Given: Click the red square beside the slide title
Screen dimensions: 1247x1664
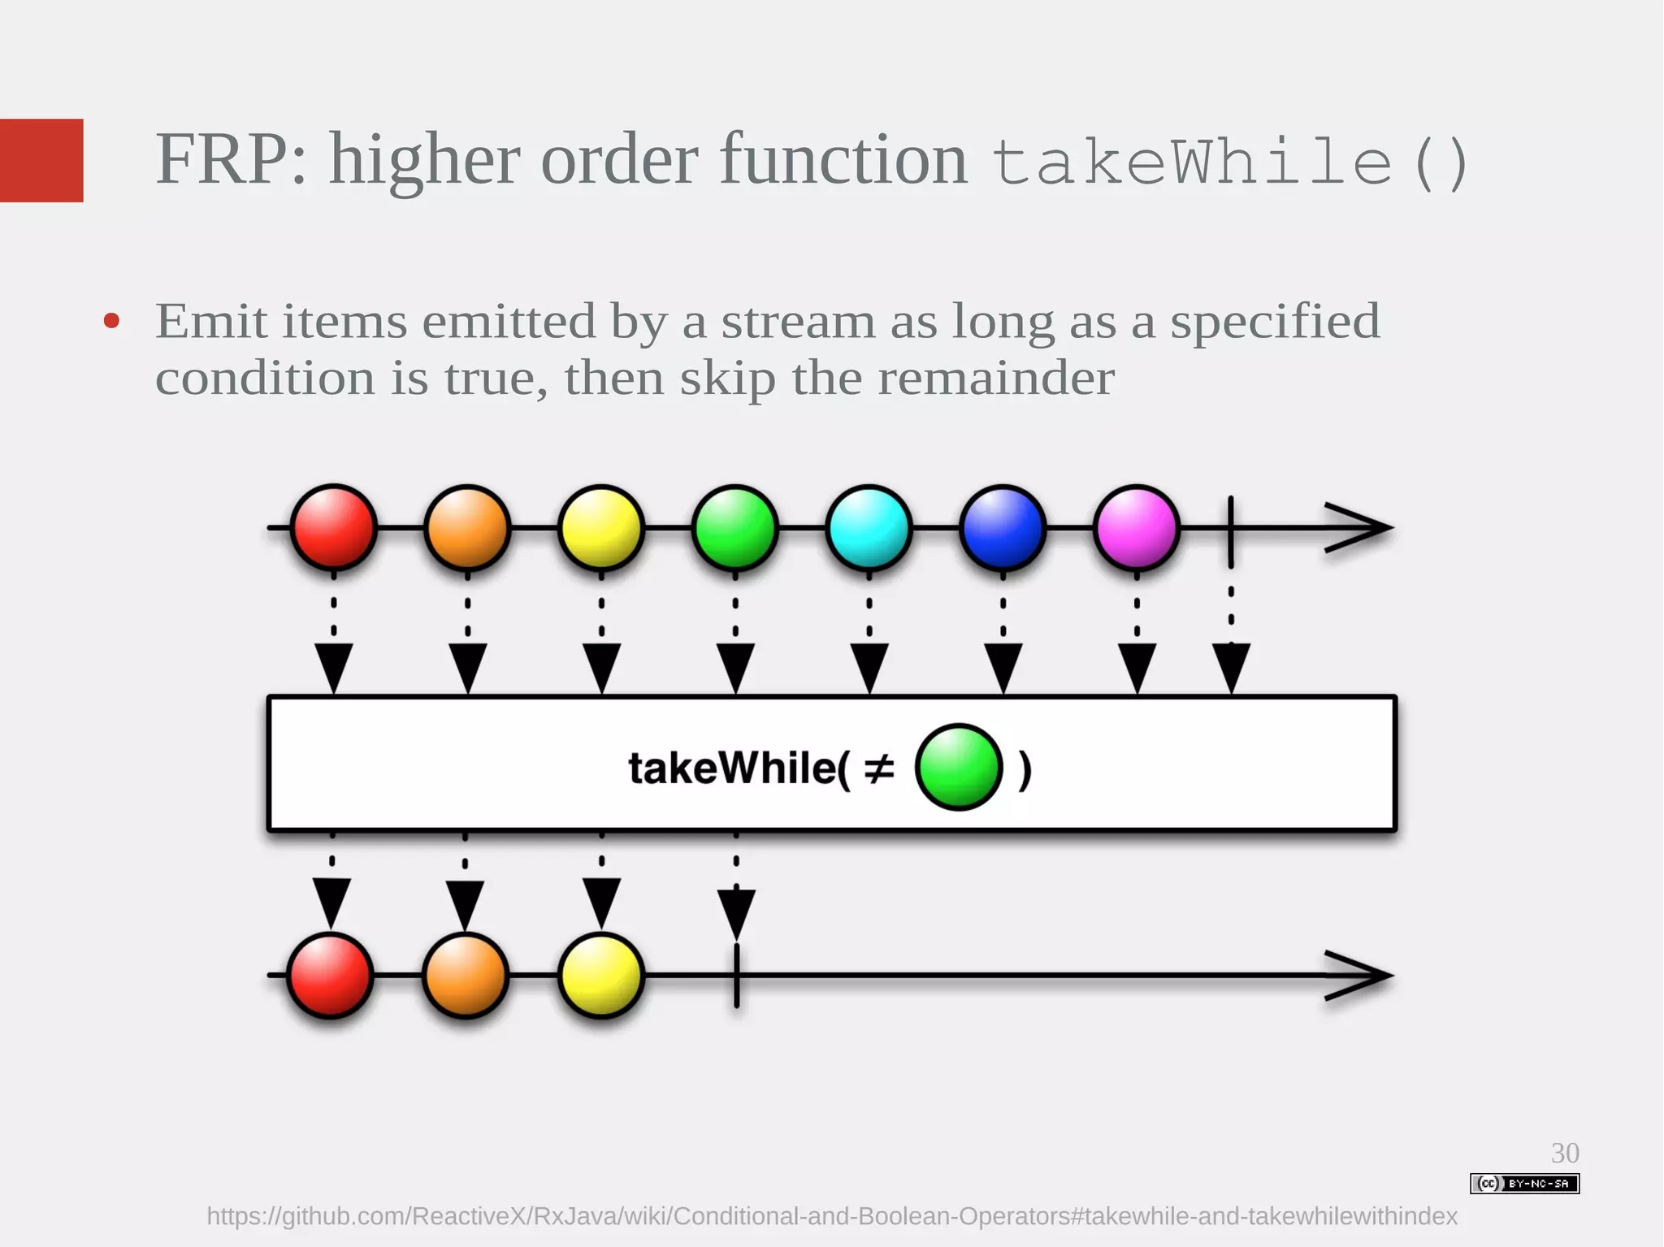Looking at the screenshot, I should pyautogui.click(x=41, y=160).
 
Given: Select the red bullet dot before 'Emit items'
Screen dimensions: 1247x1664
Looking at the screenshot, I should pyautogui.click(x=112, y=321).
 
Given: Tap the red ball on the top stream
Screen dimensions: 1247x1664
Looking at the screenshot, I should pyautogui.click(x=333, y=527).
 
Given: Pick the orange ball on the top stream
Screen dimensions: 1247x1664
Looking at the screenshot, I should pyautogui.click(x=467, y=527).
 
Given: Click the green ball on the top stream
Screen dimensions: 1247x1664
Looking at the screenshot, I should pyautogui.click(x=735, y=527).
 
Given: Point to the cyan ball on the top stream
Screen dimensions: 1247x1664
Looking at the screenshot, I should pyautogui.click(x=869, y=527).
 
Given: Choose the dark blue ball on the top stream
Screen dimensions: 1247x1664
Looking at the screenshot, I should pyautogui.click(x=1003, y=527).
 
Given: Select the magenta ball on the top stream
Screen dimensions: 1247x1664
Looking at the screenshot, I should pyautogui.click(x=1137, y=527).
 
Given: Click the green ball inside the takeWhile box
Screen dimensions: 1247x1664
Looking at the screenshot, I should pyautogui.click(x=959, y=767).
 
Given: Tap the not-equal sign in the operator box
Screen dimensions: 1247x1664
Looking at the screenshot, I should pyautogui.click(x=878, y=768).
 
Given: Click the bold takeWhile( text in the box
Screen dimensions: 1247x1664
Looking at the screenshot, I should pyautogui.click(x=738, y=768).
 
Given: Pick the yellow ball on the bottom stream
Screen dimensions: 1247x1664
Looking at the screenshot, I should pyautogui.click(x=601, y=975).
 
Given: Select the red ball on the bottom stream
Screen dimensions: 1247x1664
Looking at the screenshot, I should pyautogui.click(x=331, y=975).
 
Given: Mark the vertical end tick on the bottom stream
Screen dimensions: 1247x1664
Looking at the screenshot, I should pyautogui.click(x=737, y=975).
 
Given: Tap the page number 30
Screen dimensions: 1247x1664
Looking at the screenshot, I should pyautogui.click(x=1565, y=1153).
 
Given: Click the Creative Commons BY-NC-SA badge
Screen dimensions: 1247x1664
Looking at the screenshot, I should pyautogui.click(x=1524, y=1184).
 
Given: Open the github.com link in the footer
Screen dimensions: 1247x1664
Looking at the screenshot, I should pyautogui.click(x=831, y=1216).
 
